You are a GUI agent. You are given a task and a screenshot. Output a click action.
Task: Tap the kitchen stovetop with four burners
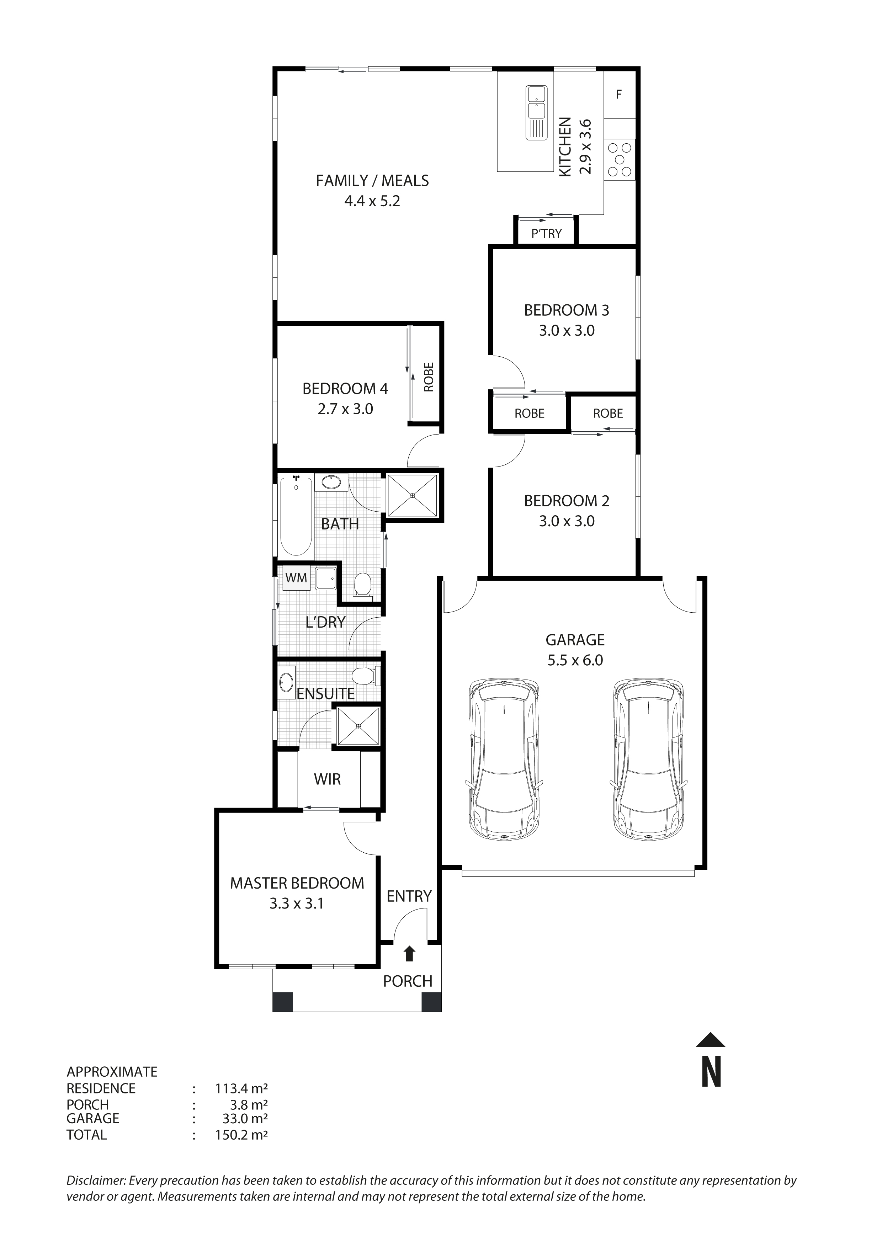[x=620, y=159]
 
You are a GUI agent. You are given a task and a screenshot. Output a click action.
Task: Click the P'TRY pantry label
[x=546, y=234]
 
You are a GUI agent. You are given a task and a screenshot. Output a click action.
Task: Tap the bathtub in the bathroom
[x=296, y=515]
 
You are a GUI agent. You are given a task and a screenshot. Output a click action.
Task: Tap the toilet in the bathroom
[x=362, y=587]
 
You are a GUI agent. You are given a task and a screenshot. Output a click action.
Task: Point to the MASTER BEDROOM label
[x=297, y=883]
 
